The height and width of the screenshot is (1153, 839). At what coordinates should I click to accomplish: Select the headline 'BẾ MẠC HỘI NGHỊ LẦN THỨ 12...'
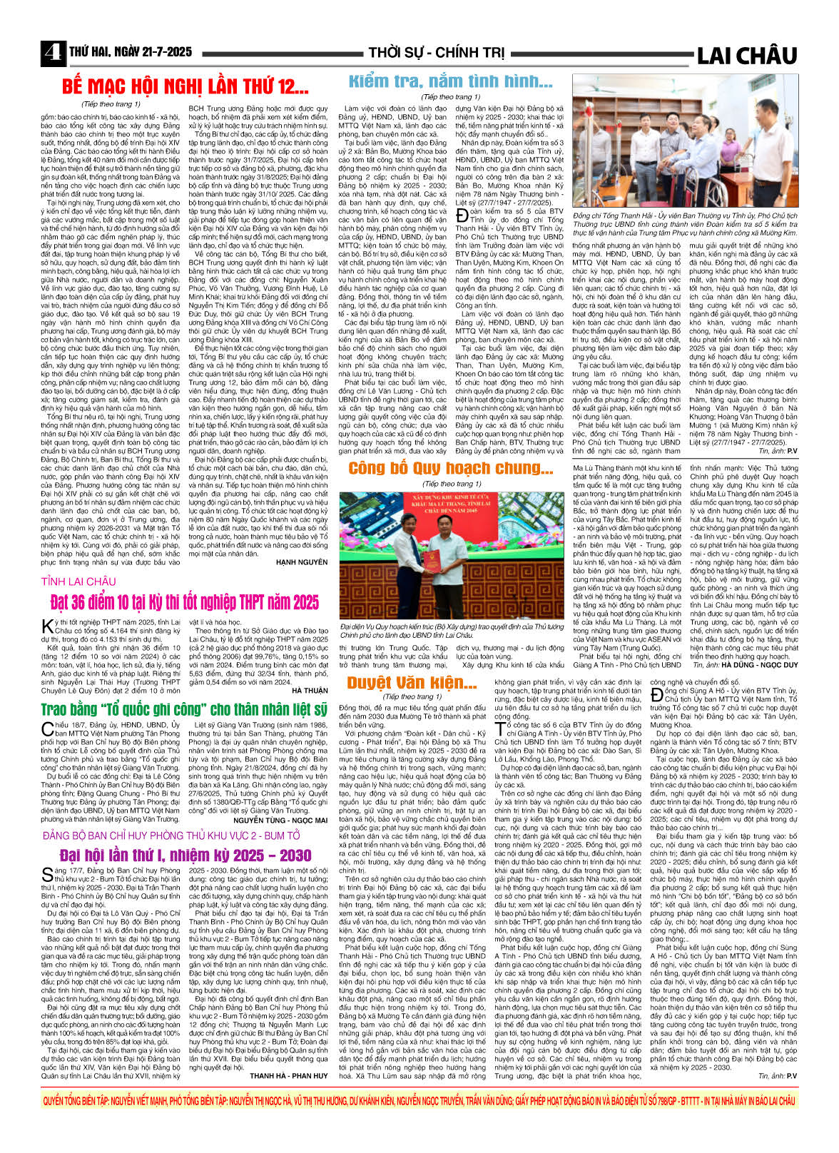185,87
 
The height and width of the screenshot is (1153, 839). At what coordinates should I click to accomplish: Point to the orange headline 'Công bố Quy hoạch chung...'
450,469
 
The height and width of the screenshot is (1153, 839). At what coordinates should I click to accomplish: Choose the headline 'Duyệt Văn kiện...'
412,683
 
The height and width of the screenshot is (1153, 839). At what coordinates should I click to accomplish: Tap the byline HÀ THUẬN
310,691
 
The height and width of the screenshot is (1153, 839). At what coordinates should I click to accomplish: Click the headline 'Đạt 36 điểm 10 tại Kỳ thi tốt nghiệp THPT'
185,603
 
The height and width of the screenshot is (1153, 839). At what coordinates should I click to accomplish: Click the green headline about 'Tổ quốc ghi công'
185,709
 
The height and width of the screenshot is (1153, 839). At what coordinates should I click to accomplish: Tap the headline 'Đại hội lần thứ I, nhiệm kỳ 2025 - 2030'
185,855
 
